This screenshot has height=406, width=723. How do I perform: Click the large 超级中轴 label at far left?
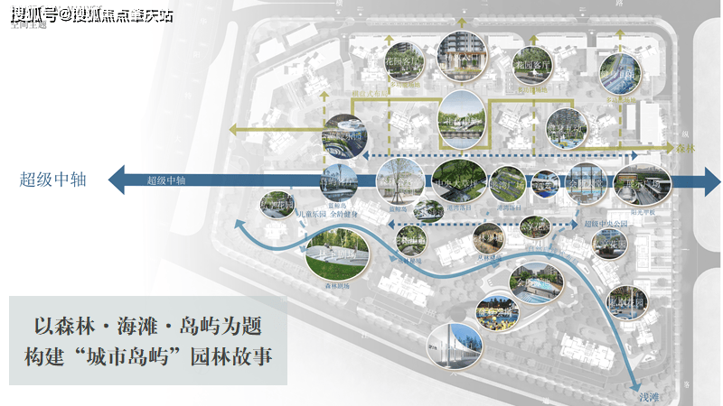(52, 180)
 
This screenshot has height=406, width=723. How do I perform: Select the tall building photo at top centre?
(459, 51)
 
